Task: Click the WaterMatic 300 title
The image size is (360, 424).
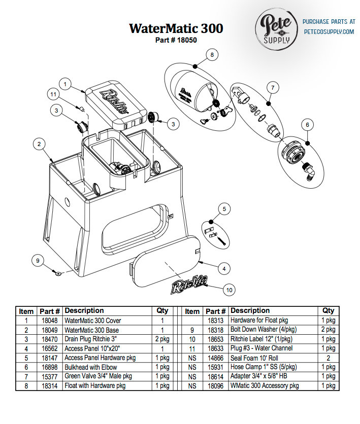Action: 176,28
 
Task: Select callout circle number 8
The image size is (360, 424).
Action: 212,54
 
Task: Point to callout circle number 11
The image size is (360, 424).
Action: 53,94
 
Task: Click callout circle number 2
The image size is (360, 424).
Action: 38,144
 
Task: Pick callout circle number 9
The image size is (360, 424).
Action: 37,261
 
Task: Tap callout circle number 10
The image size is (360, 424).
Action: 230,290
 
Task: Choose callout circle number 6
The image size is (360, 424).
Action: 307,124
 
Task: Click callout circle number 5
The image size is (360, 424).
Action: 224,208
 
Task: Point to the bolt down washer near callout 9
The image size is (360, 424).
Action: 58,273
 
